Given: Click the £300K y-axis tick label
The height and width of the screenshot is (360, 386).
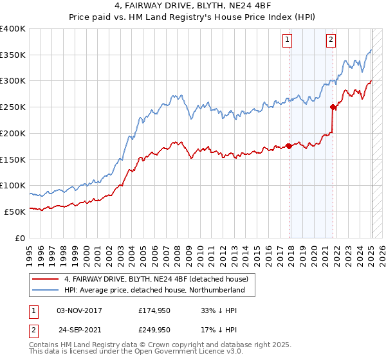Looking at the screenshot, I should click(x=13, y=81).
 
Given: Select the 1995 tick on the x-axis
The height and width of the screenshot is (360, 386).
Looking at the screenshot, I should click(x=30, y=251).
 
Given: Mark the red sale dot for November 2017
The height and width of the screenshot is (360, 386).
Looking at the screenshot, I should click(x=289, y=146).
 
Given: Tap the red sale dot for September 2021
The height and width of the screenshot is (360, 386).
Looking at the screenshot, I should click(x=333, y=107).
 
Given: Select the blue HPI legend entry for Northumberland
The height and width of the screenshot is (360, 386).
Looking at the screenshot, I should click(x=154, y=291).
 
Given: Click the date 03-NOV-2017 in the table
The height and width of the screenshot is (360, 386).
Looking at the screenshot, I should click(x=80, y=310).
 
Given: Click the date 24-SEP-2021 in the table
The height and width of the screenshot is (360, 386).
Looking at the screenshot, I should click(x=80, y=329).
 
